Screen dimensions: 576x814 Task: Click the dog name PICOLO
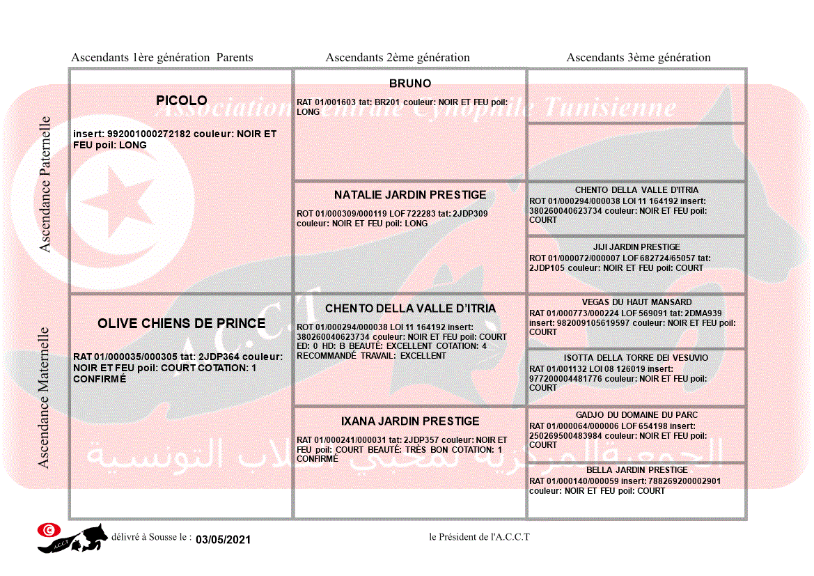point(182,101)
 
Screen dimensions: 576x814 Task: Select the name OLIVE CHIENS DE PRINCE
point(182,324)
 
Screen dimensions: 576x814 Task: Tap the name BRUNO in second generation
point(410,84)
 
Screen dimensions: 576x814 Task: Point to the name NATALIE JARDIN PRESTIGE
point(410,195)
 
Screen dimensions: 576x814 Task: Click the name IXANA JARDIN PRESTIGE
point(410,421)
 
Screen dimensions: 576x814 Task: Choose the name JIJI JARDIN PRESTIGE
point(636,247)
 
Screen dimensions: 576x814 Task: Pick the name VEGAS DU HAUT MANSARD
point(636,302)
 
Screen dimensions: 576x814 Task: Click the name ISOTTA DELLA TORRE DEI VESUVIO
point(636,358)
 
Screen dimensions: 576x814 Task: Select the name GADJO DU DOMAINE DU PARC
point(636,415)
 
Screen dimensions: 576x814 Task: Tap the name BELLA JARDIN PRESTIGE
point(636,470)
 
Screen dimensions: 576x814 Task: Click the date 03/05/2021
point(223,540)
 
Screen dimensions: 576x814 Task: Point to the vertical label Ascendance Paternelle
point(45,185)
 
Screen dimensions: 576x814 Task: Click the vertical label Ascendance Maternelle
point(44,398)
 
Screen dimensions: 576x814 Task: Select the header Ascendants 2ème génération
point(398,58)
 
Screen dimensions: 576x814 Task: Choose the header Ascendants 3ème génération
point(639,58)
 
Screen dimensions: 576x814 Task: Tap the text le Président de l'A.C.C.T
point(480,537)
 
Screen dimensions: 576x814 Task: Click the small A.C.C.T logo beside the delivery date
point(72,538)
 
